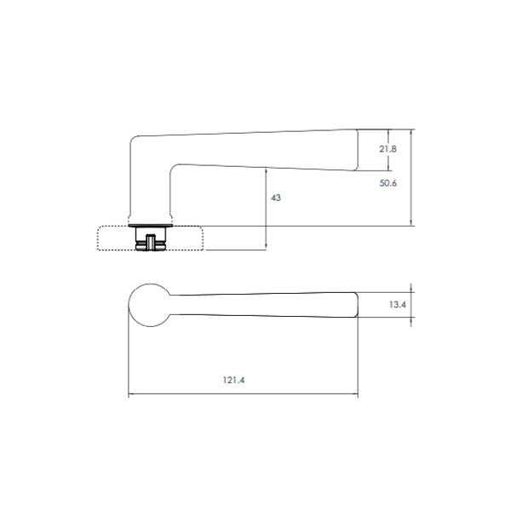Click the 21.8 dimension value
point(388,149)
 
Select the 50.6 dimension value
point(388,182)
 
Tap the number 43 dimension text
point(275,198)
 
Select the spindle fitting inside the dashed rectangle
point(150,241)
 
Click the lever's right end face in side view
point(358,150)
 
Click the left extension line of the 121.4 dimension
point(128,358)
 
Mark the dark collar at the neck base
point(150,226)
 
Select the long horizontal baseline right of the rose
point(307,226)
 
